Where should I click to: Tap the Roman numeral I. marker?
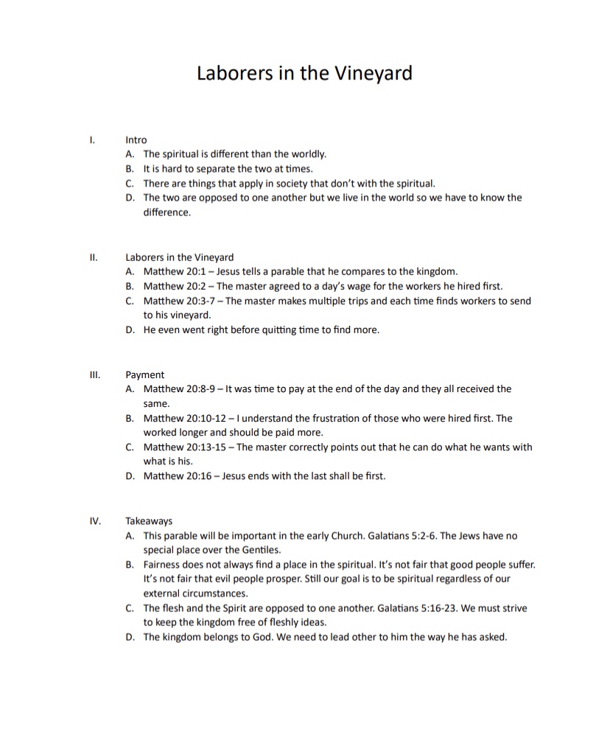(91, 139)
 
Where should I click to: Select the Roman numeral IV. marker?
(95, 520)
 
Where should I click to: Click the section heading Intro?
(136, 139)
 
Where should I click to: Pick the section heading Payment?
(145, 374)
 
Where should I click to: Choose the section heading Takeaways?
(149, 520)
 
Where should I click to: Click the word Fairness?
(162, 565)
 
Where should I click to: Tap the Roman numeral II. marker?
(93, 257)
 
